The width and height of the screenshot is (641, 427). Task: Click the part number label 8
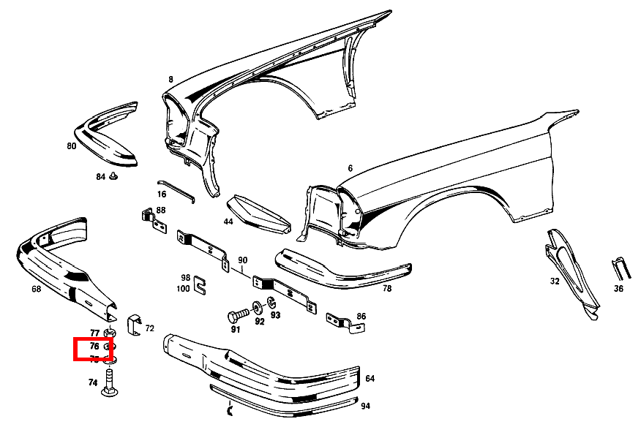170,79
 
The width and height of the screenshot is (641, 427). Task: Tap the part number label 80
71,146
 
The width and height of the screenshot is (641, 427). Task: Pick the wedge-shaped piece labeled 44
258,213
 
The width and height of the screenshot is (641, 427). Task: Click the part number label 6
351,168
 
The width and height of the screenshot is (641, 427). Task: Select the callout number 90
243,260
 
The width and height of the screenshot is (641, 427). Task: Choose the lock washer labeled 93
272,303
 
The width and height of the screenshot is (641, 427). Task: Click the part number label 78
386,289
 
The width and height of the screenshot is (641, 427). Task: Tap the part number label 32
555,281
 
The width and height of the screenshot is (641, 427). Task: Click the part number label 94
365,406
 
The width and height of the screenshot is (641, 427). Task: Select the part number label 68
36,289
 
